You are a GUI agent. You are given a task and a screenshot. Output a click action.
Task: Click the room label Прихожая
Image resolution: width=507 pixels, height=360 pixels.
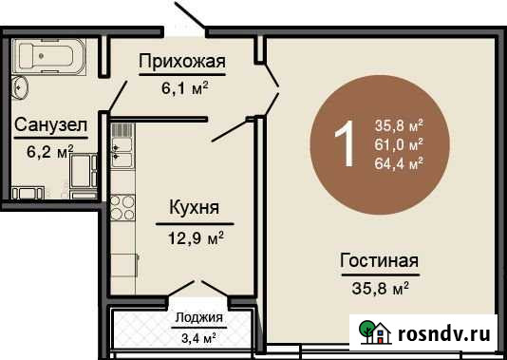[181, 64]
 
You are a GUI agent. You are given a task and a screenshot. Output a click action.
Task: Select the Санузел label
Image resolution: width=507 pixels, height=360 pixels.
[50, 124]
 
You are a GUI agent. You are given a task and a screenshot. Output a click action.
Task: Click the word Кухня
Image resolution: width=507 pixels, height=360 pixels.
[195, 208]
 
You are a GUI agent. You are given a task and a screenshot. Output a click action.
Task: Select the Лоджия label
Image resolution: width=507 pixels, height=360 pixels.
[199, 318]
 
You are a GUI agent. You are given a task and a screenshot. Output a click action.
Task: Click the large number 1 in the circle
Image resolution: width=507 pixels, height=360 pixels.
[347, 143]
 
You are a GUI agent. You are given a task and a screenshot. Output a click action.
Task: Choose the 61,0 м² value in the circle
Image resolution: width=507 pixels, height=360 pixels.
[399, 143]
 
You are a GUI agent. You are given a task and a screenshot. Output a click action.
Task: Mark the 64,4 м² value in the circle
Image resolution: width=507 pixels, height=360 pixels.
[399, 161]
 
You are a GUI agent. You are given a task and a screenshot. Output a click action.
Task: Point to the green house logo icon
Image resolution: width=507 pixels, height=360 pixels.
[381, 332]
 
